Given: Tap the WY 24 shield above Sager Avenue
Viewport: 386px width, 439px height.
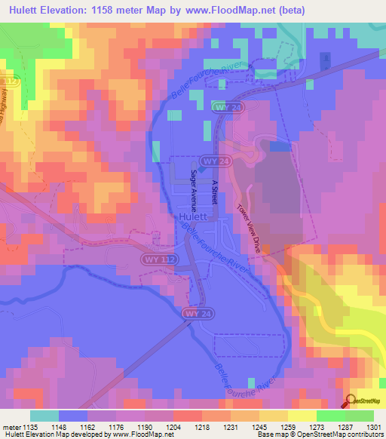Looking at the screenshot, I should point(211,162).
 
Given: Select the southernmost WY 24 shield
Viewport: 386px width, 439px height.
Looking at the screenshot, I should point(193,312).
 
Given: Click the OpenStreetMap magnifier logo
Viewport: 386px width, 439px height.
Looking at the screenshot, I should point(351,401).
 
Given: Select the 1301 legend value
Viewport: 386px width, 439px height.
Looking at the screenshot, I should point(374,428).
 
